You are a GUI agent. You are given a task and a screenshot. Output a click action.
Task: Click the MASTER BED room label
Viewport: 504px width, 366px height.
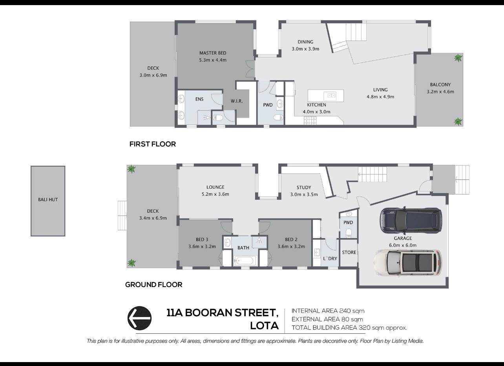click(213, 53)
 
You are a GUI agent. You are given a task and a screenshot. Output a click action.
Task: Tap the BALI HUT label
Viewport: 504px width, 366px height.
click(48, 199)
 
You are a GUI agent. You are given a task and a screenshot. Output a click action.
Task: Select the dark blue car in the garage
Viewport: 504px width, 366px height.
click(411, 220)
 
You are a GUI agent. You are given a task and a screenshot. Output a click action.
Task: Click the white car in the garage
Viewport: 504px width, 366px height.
click(408, 263)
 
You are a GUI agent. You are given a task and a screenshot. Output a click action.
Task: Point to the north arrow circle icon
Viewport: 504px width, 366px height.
click(139, 318)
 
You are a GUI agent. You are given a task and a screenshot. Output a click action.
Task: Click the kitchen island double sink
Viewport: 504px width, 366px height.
click(330, 96)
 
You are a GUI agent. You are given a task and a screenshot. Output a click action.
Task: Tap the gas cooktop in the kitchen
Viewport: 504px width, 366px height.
click(310, 121)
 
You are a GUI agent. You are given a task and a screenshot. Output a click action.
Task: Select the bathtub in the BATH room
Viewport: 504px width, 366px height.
click(245, 261)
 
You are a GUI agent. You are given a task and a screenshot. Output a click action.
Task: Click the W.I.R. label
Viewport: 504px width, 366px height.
click(237, 101)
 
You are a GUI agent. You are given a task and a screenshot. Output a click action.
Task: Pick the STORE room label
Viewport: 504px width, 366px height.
click(349, 252)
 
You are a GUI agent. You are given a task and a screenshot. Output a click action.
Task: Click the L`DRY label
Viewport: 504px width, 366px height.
click(330, 259)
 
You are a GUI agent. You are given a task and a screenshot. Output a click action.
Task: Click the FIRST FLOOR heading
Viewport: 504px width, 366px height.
click(153, 144)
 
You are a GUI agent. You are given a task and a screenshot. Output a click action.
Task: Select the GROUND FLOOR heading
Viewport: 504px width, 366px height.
click(154, 285)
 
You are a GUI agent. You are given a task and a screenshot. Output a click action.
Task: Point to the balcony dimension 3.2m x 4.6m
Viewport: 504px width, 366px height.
click(440, 92)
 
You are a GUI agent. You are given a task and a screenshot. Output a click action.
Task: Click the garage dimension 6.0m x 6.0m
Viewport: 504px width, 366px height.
click(403, 245)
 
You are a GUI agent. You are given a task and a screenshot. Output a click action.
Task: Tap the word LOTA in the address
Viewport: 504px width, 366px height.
click(265, 326)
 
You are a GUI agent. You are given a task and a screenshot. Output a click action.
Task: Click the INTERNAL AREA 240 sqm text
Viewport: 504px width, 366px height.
click(328, 311)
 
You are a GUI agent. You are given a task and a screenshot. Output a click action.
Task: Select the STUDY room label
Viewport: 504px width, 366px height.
click(304, 188)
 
